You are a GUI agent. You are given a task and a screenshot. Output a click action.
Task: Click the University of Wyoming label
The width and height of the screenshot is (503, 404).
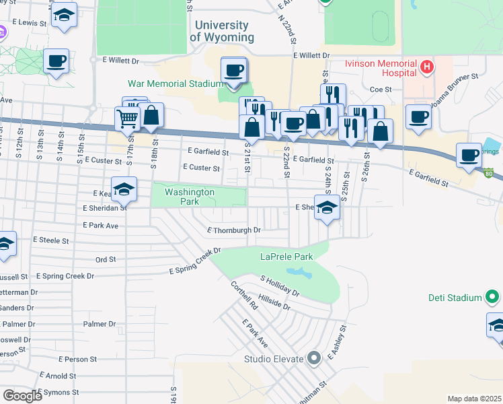[x=222, y=32]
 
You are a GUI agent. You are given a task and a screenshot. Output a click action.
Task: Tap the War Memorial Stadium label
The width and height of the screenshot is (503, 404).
[x=176, y=84]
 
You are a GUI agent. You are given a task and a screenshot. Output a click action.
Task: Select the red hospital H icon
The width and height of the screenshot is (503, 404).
[x=426, y=67]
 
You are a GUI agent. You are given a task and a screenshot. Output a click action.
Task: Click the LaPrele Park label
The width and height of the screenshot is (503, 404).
[x=287, y=257]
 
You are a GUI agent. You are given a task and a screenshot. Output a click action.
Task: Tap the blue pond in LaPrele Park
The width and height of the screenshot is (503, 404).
[x=299, y=273]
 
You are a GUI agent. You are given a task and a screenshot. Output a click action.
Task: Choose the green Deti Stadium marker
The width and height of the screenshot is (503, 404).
[x=492, y=297]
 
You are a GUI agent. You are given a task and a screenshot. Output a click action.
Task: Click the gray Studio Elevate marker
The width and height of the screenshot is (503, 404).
[x=313, y=358]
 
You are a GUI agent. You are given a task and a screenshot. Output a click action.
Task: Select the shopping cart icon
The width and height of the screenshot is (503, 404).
[x=127, y=119]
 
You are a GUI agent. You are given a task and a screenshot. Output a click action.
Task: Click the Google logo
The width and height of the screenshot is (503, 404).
[x=22, y=395]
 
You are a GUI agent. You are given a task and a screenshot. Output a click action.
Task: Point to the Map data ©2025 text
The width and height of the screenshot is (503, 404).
[x=473, y=399]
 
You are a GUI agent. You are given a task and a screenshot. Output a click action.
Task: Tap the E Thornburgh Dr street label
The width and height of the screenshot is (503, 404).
[x=233, y=230]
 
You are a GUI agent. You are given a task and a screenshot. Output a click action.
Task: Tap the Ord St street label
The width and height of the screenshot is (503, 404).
[x=106, y=259]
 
